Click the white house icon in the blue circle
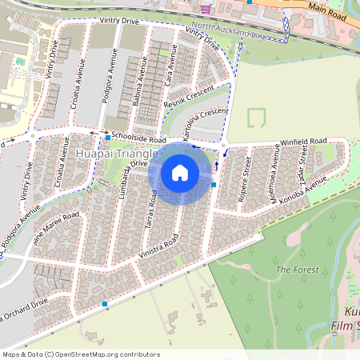point(180,172)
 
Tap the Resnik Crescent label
point(189,100)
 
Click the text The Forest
point(298,270)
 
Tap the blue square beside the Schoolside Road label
point(107,138)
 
